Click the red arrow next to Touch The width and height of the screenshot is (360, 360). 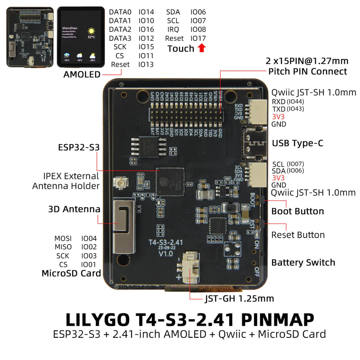pyautogui.click(x=201, y=48)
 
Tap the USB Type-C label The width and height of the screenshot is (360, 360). pyautogui.click(x=297, y=143)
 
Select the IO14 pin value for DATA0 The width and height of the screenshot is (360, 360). pyautogui.click(x=146, y=12)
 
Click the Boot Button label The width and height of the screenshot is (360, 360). pyautogui.click(x=297, y=211)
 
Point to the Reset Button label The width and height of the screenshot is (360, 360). pyautogui.click(x=298, y=235)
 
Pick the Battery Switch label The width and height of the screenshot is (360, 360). pyautogui.click(x=303, y=262)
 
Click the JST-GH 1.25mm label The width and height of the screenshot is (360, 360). pyautogui.click(x=239, y=299)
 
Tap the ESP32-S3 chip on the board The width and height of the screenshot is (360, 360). pyautogui.click(x=170, y=181)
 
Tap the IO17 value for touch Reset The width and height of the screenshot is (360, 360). pyautogui.click(x=198, y=38)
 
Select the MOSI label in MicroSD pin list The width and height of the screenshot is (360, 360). pyautogui.click(x=63, y=239)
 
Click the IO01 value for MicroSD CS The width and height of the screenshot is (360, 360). pyautogui.click(x=89, y=264)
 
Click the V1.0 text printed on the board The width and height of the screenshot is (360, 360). pyautogui.click(x=166, y=253)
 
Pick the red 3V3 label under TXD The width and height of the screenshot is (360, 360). pyautogui.click(x=278, y=116)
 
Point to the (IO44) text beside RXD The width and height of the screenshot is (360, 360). pyautogui.click(x=295, y=102)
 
